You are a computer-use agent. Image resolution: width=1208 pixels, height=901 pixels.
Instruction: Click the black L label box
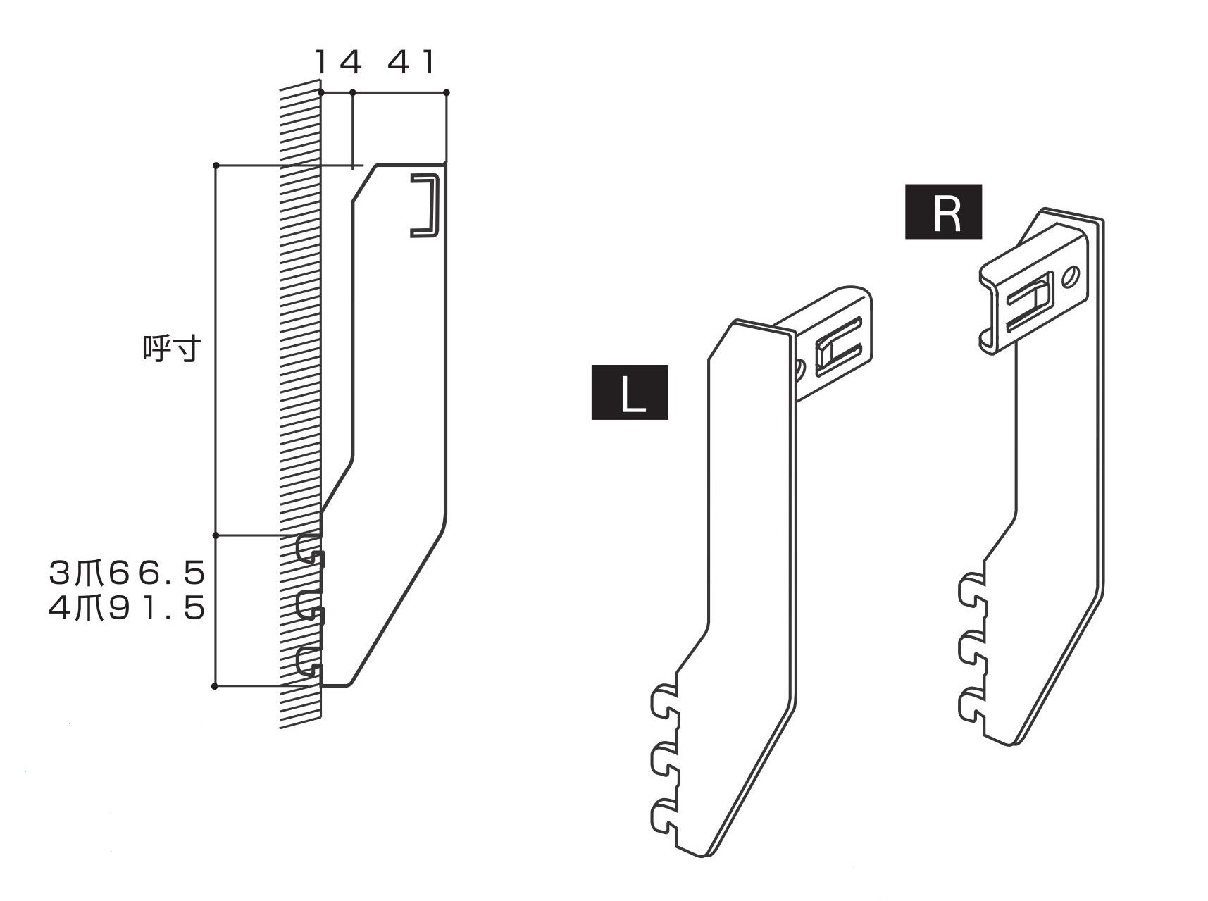tap(629, 392)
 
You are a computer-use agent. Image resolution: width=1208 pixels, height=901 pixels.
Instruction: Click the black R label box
tap(943, 211)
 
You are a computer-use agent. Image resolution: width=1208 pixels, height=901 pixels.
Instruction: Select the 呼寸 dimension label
tap(172, 349)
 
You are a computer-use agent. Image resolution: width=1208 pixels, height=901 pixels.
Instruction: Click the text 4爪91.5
tap(127, 608)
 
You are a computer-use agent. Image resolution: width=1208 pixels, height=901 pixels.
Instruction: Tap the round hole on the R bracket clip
tap(1071, 275)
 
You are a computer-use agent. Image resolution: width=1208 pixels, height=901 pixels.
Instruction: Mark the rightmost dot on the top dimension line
tap(447, 92)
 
